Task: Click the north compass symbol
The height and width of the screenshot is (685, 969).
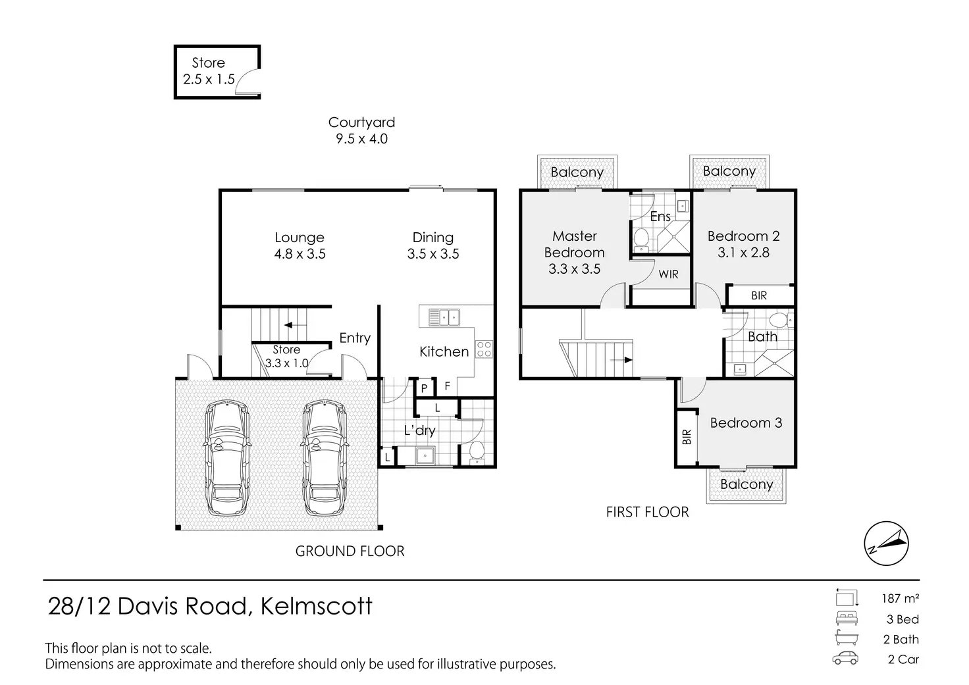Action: pos(886,544)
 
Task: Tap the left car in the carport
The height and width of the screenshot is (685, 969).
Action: pos(227,459)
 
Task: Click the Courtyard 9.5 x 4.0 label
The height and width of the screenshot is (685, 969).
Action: pos(361,130)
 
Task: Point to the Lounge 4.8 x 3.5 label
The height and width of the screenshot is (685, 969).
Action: pos(300,245)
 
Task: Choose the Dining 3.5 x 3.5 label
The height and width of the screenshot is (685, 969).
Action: pos(432,245)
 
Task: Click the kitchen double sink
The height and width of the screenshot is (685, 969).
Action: pos(444,318)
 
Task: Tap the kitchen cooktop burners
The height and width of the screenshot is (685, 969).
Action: pos(484,349)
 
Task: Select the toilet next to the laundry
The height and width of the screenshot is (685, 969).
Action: pos(476,452)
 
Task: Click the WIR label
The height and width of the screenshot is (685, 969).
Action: pos(668,274)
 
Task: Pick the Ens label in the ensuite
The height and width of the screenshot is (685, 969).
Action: pos(660,216)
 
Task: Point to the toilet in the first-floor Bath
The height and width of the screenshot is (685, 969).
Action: pos(779,321)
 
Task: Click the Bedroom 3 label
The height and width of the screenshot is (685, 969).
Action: pos(746,422)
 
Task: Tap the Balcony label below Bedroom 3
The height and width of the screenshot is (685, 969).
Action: pos(746,484)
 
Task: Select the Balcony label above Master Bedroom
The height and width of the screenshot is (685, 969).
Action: pos(577,172)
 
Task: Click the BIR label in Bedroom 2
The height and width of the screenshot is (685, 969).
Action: pos(759,296)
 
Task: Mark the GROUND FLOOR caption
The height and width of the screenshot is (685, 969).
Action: pos(350,551)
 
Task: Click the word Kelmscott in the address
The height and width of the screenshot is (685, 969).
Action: pos(317,605)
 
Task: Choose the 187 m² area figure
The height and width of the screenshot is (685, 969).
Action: pos(900,598)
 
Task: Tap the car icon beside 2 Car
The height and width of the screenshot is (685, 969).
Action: pos(845,659)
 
